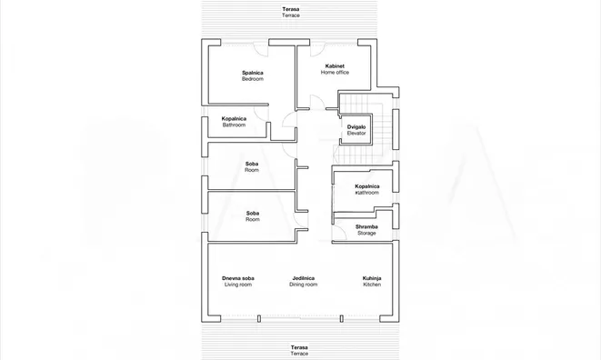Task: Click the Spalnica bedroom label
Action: (x=253, y=75)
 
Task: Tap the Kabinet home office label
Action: (x=335, y=69)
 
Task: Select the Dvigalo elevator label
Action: (x=356, y=130)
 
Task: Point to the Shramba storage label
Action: (x=366, y=230)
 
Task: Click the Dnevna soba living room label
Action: (x=238, y=282)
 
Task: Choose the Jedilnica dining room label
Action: (x=303, y=282)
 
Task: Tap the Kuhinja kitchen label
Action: (x=372, y=282)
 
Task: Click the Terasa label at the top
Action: (x=291, y=12)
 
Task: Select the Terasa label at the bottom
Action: (x=299, y=350)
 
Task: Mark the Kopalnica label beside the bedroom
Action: (x=234, y=122)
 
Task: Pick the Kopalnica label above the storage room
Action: (x=367, y=189)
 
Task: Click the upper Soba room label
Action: (x=252, y=166)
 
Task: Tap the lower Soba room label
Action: (x=253, y=216)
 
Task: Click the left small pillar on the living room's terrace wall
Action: (x=259, y=318)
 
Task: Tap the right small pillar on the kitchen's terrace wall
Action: (x=342, y=318)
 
